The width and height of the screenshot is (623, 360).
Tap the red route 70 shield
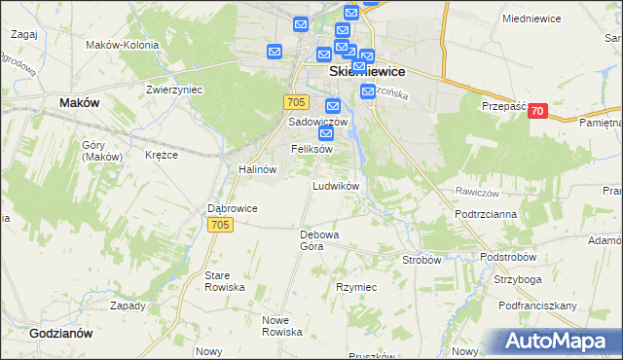click(536, 112)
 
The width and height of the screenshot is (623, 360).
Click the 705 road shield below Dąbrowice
click(220, 225)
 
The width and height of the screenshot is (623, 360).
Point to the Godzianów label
click(60, 333)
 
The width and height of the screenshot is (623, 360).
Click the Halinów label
click(258, 168)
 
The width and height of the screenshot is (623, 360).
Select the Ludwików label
click(337, 185)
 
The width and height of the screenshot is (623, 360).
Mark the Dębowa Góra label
click(318, 240)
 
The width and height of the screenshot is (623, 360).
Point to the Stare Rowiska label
click(224, 282)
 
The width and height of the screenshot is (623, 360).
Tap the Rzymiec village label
click(356, 288)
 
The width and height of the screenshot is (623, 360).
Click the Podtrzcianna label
click(485, 212)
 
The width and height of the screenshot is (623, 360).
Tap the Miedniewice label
click(535, 18)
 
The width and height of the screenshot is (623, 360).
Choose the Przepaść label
click(502, 107)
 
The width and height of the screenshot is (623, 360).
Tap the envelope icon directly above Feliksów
click(326, 132)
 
